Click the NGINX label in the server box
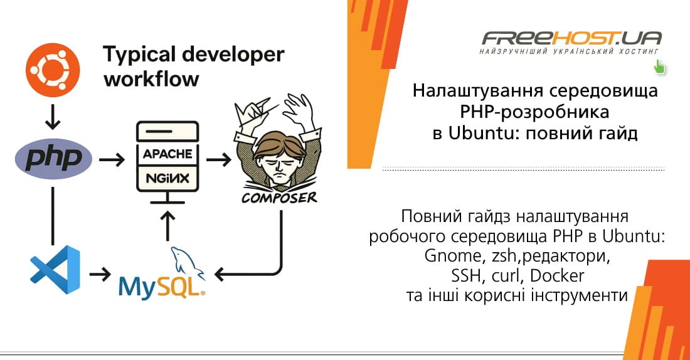(x=167, y=179)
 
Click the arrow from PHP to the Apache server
(x=112, y=161)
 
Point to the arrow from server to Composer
(x=218, y=161)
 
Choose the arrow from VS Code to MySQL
(x=100, y=274)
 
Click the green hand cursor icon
(x=659, y=66)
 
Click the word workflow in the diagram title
(x=151, y=79)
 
